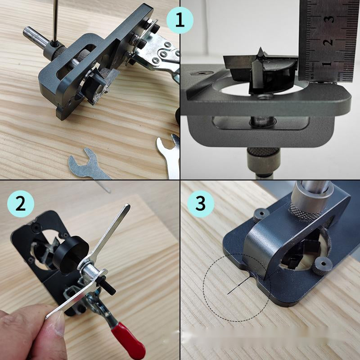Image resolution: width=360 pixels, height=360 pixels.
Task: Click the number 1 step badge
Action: pos(180,21)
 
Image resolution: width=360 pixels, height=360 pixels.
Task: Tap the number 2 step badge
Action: pos(20,204)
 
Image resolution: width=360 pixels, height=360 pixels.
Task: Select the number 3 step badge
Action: pos(200,204)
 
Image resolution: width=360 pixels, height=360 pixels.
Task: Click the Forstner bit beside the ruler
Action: pos(261,72)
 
